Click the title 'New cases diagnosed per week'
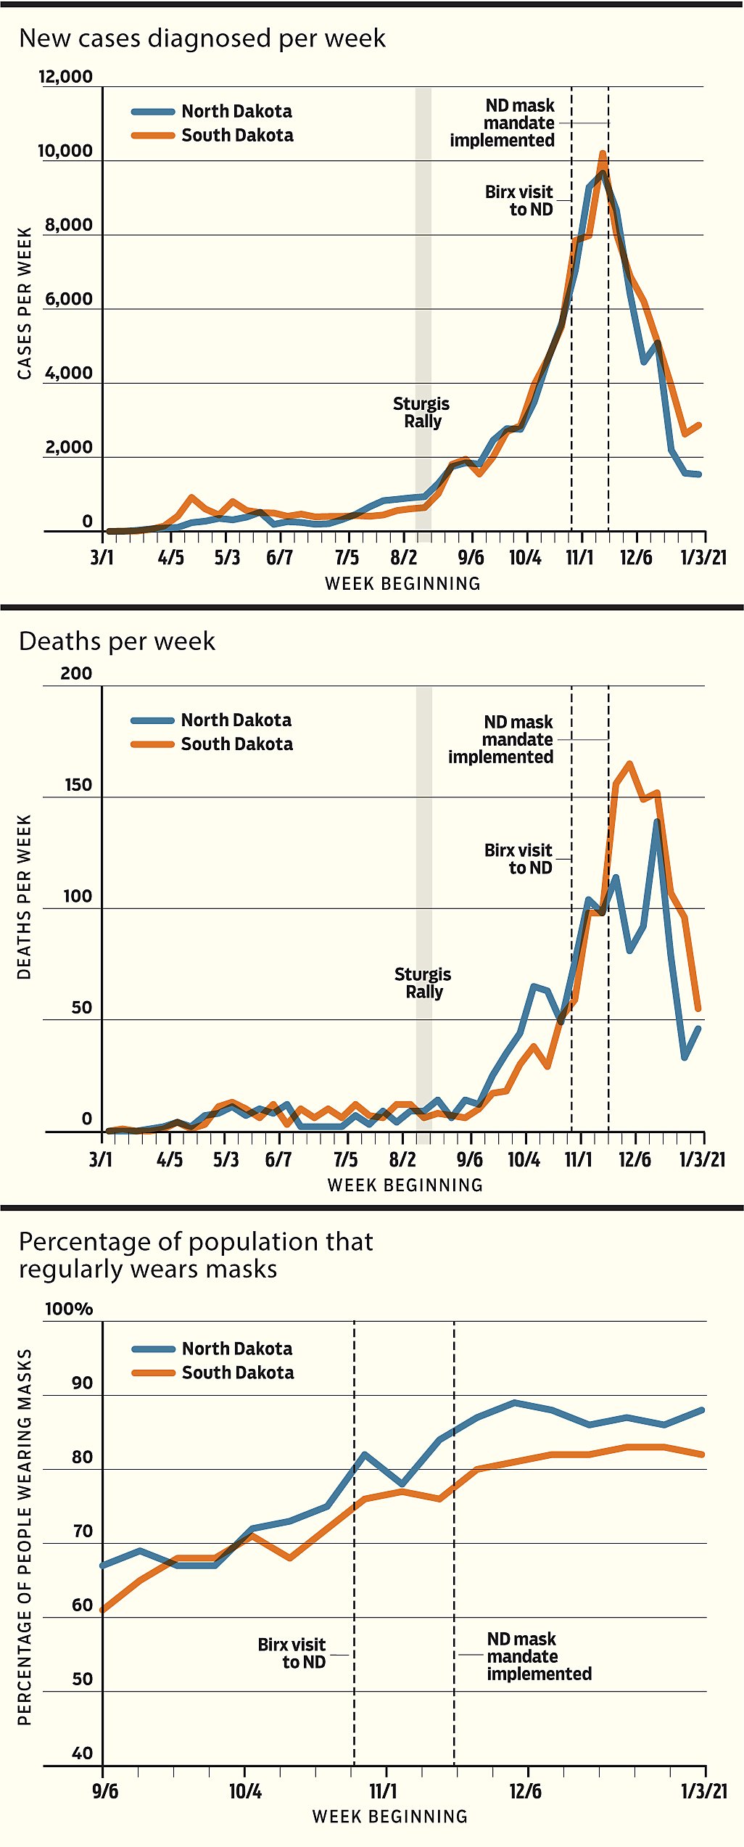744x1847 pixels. click(202, 38)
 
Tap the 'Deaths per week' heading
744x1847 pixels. click(117, 642)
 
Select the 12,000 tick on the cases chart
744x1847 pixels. click(66, 77)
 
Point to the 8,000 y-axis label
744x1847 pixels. click(69, 225)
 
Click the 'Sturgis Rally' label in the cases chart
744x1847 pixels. click(421, 412)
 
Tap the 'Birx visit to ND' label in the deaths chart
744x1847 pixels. click(518, 859)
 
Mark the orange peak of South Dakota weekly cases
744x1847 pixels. click(603, 154)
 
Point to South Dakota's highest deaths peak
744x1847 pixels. click(629, 764)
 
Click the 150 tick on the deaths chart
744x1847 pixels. click(78, 786)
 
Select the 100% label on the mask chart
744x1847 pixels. click(69, 1309)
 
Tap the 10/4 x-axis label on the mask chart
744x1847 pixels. click(245, 1791)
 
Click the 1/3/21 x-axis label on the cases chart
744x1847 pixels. click(703, 557)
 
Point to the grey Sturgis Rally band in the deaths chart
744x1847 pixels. click(423, 907)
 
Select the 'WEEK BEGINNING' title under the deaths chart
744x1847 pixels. click(405, 1185)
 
